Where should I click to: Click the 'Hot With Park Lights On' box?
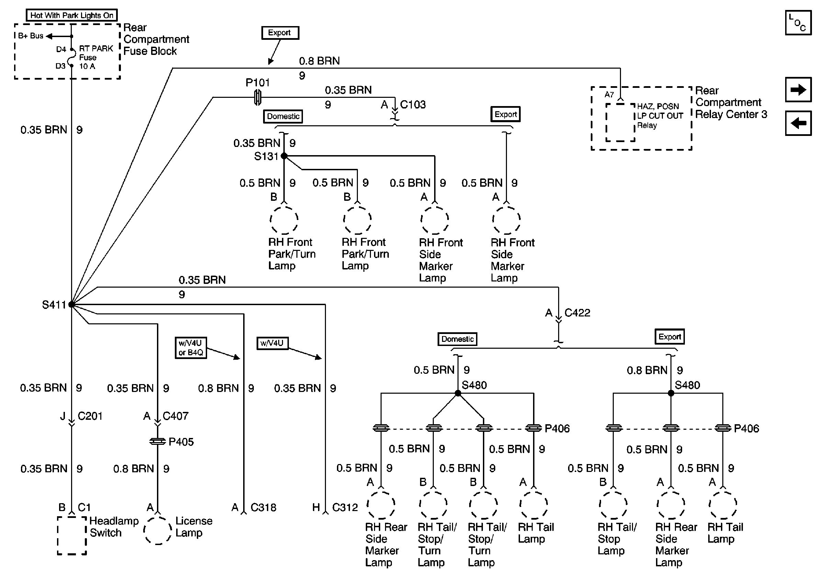72,15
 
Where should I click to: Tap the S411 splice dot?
71,304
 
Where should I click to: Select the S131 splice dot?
284,156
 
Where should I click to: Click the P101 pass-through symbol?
258,97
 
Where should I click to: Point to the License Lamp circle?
157,530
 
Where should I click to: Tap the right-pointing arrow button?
798,89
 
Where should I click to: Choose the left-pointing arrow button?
798,123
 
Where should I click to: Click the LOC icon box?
798,23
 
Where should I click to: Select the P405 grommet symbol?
157,441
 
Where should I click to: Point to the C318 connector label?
263,507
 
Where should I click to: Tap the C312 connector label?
345,507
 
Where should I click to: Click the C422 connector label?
577,313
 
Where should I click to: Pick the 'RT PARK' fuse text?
96,48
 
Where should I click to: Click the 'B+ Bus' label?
31,36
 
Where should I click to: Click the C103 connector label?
413,104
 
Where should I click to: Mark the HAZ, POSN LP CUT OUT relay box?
620,123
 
